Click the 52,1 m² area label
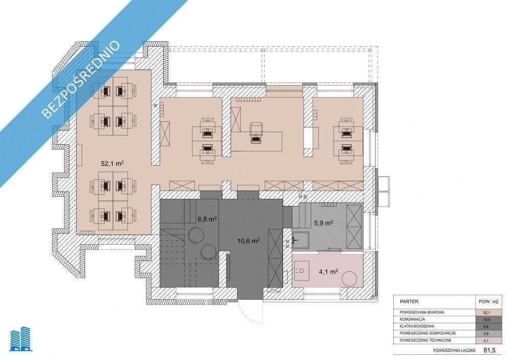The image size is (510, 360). coord(112,163)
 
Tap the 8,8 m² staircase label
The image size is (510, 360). coord(207,219)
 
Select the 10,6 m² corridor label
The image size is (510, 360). coord(248,241)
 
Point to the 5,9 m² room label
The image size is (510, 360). coord(323,223)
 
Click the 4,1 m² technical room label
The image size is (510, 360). coord(328,272)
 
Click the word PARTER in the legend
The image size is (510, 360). coord(409,301)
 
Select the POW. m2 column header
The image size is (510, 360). coord(489,301)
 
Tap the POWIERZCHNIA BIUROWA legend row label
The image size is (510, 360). coord(422,312)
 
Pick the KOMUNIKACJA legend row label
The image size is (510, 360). coord(412,319)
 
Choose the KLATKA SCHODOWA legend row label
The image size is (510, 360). coord(417,326)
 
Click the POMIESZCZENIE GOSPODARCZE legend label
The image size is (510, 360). coord(428,333)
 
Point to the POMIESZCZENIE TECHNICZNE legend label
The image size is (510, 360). coord(425,340)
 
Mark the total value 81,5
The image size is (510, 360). coord(490,350)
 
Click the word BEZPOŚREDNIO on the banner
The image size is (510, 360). coord(81,80)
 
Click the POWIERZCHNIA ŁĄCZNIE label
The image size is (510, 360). coord(454,351)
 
